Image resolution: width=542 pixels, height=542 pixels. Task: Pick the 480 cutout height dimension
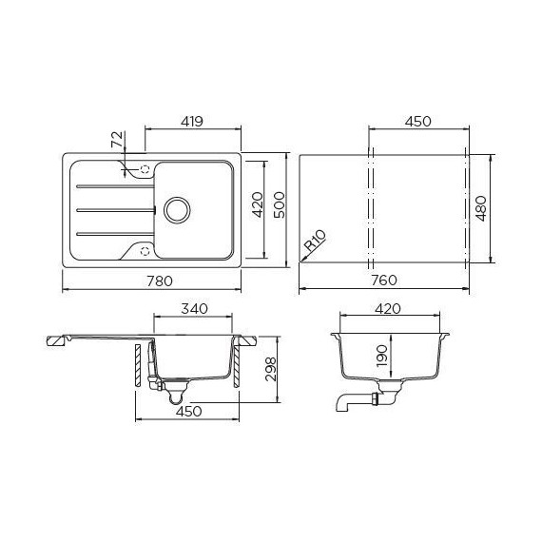(x=481, y=206)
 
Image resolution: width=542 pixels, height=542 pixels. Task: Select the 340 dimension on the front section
(x=194, y=310)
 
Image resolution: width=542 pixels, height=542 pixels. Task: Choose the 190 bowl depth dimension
(x=380, y=354)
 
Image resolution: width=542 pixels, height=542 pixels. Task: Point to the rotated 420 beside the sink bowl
(x=255, y=206)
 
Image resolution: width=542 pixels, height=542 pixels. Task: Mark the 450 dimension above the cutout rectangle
(x=418, y=121)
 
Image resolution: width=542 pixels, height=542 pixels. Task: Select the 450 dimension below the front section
(x=185, y=411)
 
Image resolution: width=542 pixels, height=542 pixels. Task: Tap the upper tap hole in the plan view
(x=145, y=170)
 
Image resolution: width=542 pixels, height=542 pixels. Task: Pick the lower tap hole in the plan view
(x=145, y=250)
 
